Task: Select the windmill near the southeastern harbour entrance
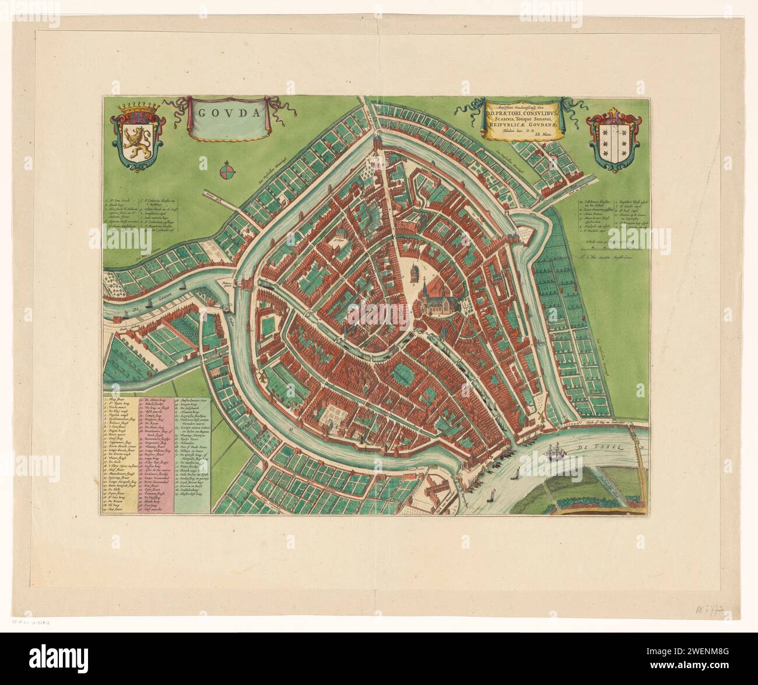point(543,417)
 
